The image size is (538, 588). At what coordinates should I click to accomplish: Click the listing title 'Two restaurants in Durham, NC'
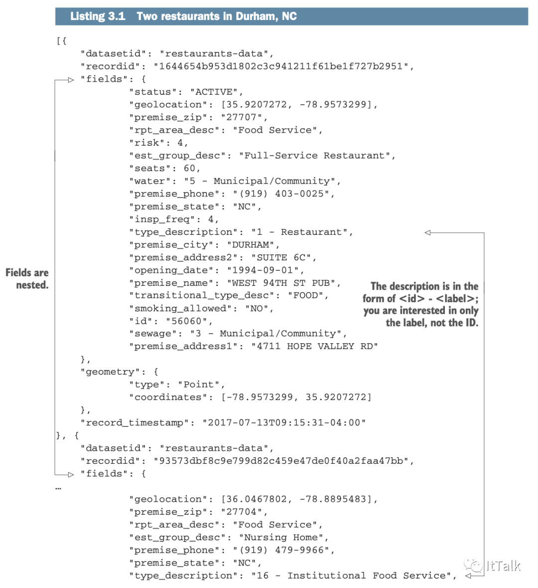pos(216,16)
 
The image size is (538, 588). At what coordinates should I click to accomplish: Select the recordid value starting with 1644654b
pos(283,66)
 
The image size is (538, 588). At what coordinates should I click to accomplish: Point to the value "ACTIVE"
pos(217,92)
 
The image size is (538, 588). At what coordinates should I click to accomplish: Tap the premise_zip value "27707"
pos(244,117)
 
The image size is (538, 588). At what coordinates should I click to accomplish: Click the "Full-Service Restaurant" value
pos(317,156)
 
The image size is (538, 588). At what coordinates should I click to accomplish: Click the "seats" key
pos(150,169)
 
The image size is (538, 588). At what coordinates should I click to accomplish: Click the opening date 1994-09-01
pos(266,270)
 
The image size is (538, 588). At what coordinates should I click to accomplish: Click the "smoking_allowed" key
pos(180,308)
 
